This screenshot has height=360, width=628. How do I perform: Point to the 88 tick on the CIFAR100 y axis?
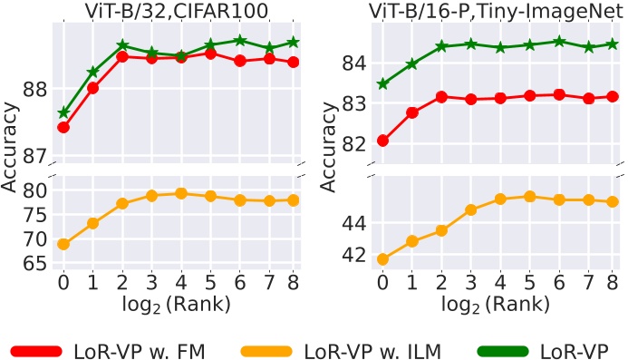pos(34,89)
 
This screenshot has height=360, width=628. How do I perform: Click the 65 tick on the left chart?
pos(34,264)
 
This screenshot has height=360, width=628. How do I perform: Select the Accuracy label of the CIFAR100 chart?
pos(10,145)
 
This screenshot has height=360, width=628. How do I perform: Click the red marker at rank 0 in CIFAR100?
pos(63,127)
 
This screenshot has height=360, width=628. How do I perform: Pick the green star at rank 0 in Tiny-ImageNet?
pos(382,84)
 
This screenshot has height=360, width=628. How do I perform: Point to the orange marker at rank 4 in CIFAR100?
pos(180,193)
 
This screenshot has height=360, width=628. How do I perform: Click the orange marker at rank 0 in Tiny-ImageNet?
pos(382,259)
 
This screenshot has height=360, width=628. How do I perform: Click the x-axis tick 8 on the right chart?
pos(613,283)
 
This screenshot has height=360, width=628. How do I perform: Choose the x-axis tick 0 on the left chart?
pos(63,283)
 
